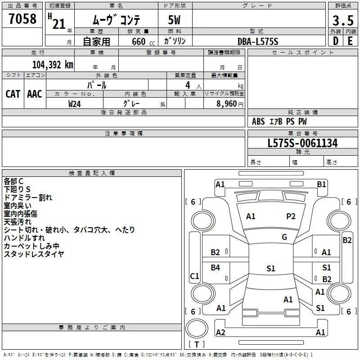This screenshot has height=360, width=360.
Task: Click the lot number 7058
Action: [22, 19]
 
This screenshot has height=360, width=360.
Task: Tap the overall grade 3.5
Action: [343, 20]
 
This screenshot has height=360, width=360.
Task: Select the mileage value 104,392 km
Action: [53, 65]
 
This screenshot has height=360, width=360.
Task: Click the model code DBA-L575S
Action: [258, 41]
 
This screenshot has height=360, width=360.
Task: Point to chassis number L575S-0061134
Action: [302, 143]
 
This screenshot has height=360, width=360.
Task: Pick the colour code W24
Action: [74, 104]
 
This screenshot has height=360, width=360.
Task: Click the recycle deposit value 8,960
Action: [226, 104]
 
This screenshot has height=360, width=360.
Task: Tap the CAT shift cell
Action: [13, 94]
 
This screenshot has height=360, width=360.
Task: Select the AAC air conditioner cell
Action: [35, 94]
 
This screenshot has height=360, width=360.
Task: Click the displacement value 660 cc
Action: [143, 41]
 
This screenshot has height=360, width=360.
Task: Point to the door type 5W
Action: [174, 20]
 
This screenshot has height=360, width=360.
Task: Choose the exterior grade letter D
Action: [336, 41]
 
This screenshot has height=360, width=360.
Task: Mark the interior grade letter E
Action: [350, 41]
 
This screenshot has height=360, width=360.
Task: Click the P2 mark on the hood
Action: [291, 216]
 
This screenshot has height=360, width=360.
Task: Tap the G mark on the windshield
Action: [284, 237]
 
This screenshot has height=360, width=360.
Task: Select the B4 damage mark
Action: [216, 267]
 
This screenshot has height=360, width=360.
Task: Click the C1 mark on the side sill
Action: [194, 276]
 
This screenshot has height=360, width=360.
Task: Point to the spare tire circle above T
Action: [197, 328]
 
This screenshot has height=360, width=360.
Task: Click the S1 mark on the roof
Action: [271, 268]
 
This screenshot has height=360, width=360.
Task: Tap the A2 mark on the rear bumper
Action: [220, 333]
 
